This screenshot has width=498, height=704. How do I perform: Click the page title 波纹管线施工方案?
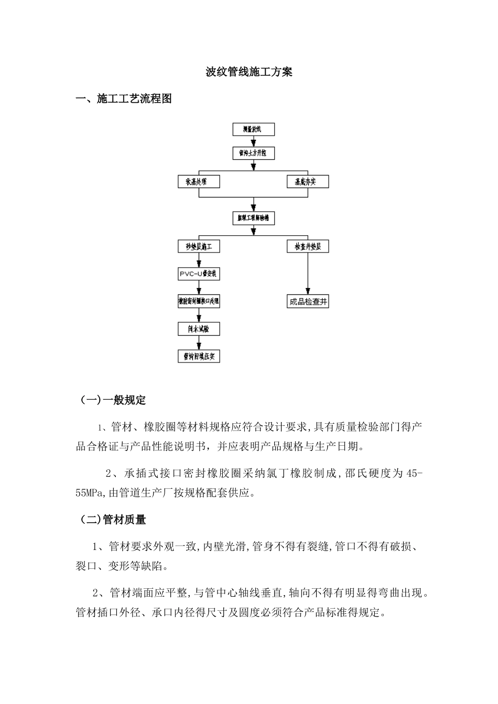pyautogui.click(x=248, y=72)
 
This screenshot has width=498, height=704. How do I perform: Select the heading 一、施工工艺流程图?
pyautogui.click(x=124, y=98)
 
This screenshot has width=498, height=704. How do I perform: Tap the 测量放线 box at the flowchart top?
pyautogui.click(x=253, y=129)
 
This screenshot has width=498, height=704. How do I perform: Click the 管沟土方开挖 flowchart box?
pyautogui.click(x=253, y=153)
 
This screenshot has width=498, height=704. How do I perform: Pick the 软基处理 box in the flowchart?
pyautogui.click(x=199, y=182)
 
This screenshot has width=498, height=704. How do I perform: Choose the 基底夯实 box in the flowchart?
pyautogui.click(x=308, y=182)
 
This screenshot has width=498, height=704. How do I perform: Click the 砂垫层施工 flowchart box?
pyautogui.click(x=199, y=246)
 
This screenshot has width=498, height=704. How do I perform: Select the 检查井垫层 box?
pyautogui.click(x=308, y=246)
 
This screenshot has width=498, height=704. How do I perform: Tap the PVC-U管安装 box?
pyautogui.click(x=199, y=274)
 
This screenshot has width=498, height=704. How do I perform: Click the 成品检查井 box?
pyautogui.click(x=308, y=302)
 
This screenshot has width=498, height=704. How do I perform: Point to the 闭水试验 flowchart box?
pyautogui.click(x=199, y=329)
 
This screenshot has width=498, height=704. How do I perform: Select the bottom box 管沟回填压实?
pyautogui.click(x=199, y=357)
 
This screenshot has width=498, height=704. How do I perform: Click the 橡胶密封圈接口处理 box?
pyautogui.click(x=199, y=302)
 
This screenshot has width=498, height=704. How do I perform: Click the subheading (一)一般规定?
pyautogui.click(x=113, y=401)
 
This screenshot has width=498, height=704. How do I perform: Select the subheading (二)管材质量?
pyautogui.click(x=113, y=520)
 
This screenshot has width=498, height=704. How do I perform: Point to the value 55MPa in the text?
pyautogui.click(x=91, y=493)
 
